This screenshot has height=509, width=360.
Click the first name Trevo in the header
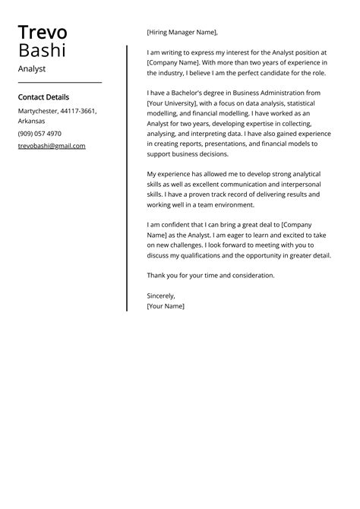(x=43, y=33)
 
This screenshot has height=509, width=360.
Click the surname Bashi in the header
(x=42, y=51)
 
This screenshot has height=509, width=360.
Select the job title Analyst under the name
(x=32, y=68)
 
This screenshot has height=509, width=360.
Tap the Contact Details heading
(x=43, y=97)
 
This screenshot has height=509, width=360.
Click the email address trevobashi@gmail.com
(x=52, y=146)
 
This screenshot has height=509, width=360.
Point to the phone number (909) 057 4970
(x=39, y=134)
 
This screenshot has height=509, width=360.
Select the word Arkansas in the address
(x=32, y=121)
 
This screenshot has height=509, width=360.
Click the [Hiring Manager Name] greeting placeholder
(x=182, y=32)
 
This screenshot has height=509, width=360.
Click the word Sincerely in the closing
(x=161, y=296)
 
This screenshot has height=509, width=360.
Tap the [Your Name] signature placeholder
(x=166, y=306)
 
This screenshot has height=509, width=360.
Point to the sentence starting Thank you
(x=210, y=275)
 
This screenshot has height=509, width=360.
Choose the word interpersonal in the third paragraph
(x=300, y=184)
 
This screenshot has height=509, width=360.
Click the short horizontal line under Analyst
(x=59, y=82)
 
